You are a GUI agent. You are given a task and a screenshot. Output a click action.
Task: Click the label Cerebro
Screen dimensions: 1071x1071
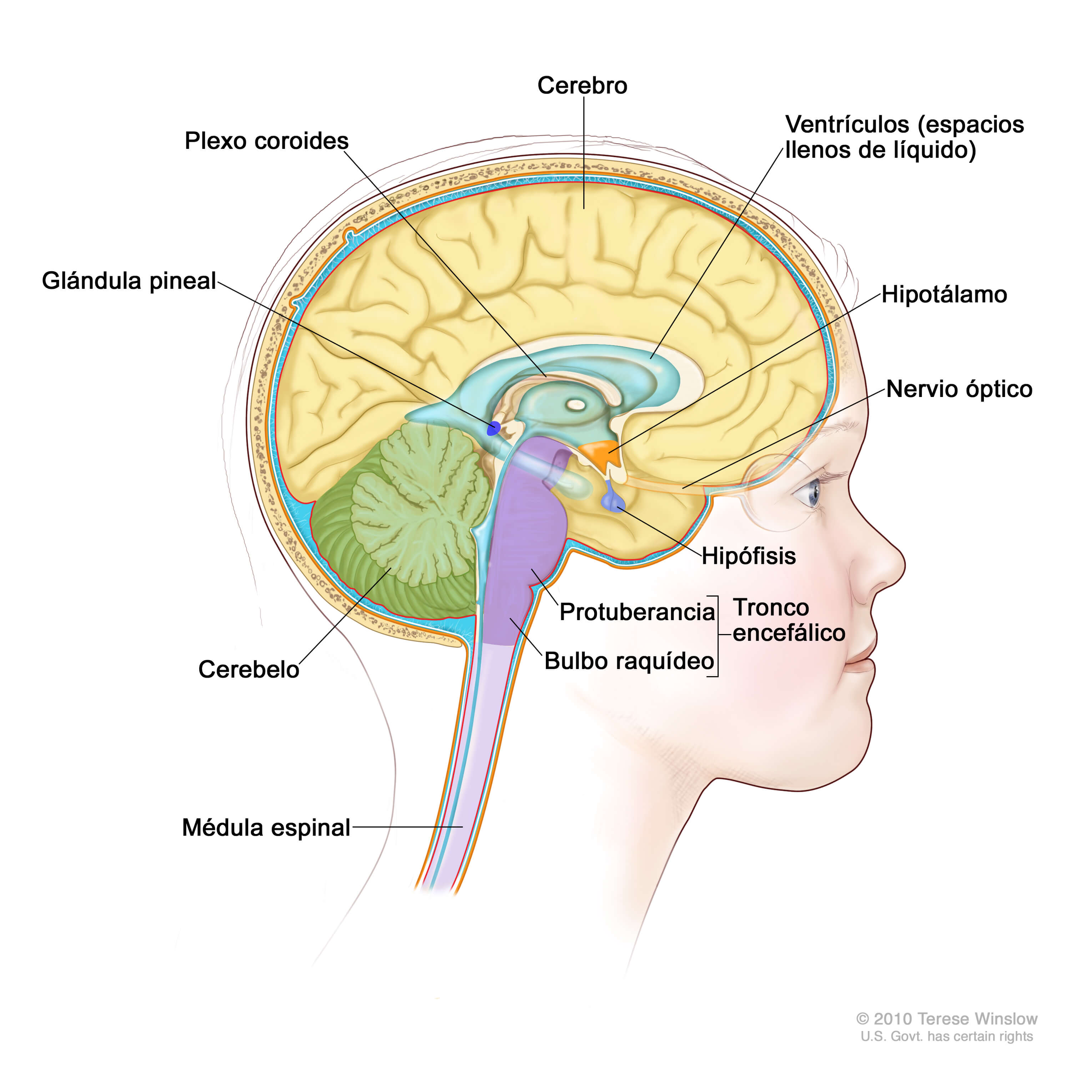(x=582, y=86)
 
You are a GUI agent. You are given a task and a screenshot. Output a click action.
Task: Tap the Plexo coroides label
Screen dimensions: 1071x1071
(x=266, y=141)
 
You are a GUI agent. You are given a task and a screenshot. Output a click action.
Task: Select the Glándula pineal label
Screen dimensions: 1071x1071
(x=129, y=281)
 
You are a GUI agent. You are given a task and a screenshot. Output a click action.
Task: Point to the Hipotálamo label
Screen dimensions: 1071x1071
(x=944, y=295)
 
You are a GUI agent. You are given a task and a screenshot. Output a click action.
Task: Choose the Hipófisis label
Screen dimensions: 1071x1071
(x=748, y=556)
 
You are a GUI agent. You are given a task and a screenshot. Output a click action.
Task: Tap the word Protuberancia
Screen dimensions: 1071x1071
(x=637, y=612)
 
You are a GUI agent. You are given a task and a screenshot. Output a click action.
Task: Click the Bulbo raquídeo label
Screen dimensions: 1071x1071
(x=629, y=661)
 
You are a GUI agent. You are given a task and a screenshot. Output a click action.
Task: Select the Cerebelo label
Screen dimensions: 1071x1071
(x=248, y=670)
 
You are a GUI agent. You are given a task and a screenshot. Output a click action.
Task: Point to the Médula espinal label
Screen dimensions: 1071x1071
(x=266, y=828)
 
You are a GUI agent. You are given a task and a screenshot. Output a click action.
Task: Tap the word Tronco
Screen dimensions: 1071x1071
(x=770, y=608)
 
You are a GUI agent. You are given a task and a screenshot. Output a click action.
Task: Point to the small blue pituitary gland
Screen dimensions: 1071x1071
(x=613, y=502)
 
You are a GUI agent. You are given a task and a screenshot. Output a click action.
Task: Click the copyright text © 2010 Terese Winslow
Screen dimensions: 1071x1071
(x=946, y=1019)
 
